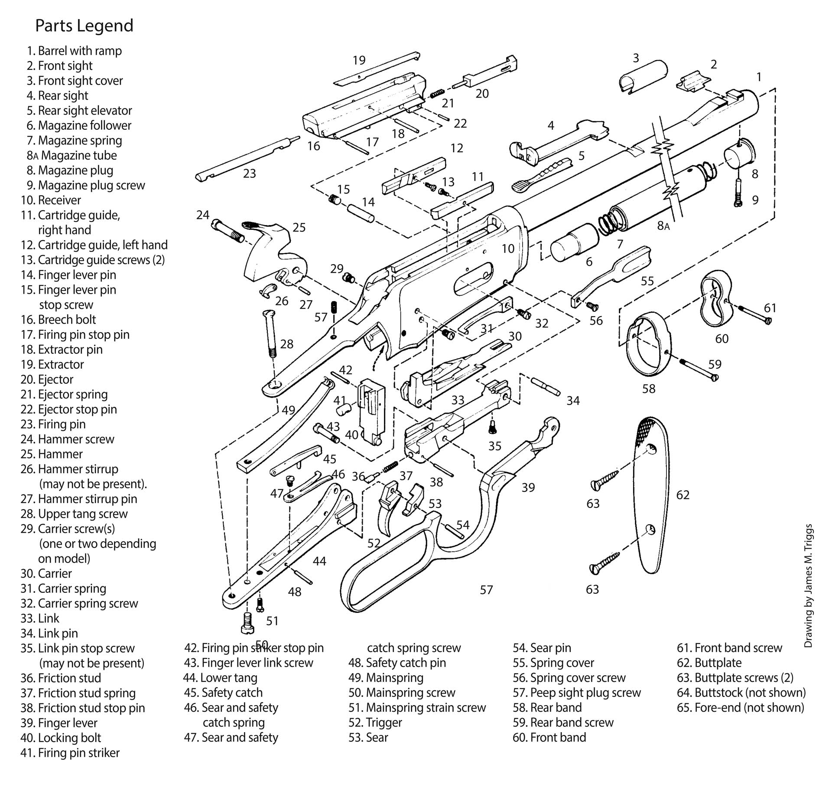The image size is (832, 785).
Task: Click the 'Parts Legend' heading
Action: tap(84, 26)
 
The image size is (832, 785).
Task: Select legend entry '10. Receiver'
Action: tap(51, 200)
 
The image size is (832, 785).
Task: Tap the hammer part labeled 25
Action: tap(271, 252)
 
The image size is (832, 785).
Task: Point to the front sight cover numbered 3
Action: tap(643, 76)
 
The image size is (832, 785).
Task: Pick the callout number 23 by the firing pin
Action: tap(250, 173)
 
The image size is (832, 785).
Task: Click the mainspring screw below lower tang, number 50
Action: tap(246, 623)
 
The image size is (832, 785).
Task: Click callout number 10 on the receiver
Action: tap(508, 249)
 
